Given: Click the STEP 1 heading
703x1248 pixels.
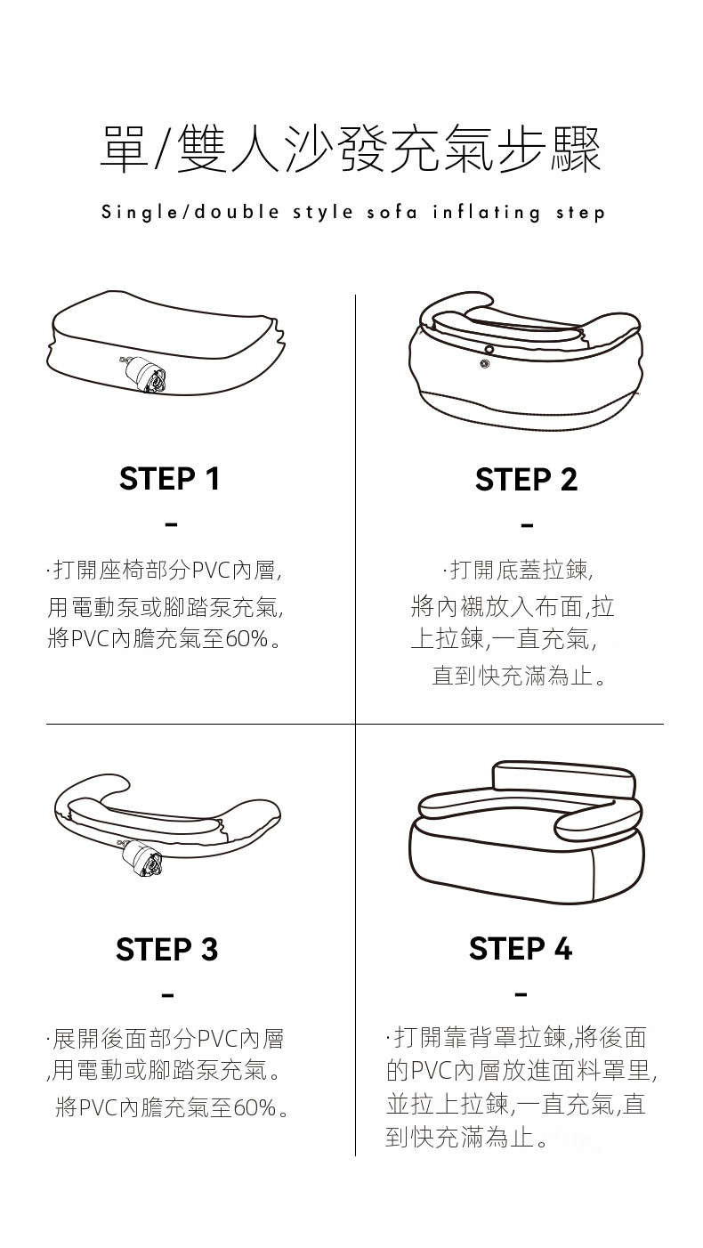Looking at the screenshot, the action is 170,479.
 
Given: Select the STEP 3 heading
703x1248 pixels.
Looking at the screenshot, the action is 167,949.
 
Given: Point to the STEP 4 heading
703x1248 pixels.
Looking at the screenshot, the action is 521,948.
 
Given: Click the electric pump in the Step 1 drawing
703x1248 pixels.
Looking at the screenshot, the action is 147,373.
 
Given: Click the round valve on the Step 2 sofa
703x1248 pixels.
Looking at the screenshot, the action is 488,350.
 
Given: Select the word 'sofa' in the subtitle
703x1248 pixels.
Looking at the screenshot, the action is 392,212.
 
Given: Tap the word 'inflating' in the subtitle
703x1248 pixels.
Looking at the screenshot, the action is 486,212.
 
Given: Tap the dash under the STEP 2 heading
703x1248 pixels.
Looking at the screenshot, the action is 527,525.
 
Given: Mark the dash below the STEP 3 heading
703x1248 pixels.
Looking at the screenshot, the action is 167,994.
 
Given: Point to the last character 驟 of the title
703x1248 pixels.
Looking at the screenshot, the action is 577,149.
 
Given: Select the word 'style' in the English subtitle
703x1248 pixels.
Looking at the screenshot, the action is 323,213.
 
